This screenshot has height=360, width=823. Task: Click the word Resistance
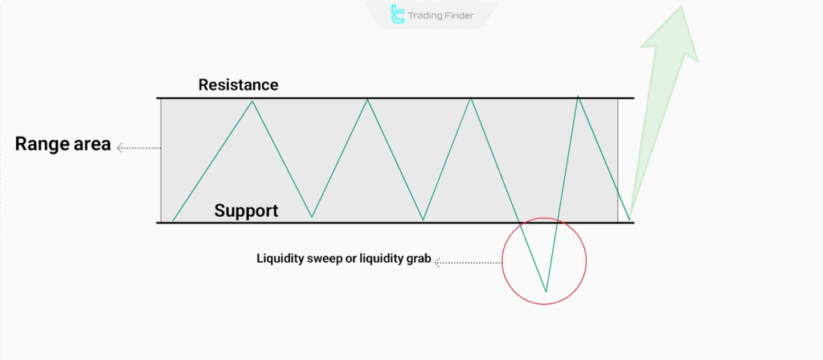[x=238, y=85]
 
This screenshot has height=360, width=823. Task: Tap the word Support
[x=246, y=211]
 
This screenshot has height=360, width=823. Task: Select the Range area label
[x=63, y=144]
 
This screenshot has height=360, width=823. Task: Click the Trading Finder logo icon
[x=397, y=14]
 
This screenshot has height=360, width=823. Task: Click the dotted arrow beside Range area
[x=138, y=148]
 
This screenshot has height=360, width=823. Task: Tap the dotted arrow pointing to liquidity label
[x=468, y=261]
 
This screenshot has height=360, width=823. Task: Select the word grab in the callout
[x=418, y=260]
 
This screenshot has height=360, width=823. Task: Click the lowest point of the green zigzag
[x=546, y=292]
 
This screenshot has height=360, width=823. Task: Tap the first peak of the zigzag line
[x=252, y=100]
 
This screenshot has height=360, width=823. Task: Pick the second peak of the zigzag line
[x=367, y=99]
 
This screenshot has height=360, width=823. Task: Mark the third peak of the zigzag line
[x=471, y=98]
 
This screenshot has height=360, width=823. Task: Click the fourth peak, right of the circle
[x=578, y=96]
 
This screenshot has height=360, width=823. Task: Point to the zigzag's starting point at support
[x=173, y=221]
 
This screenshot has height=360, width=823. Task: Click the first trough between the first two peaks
[x=313, y=217]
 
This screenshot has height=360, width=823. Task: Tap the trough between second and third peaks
[x=423, y=219]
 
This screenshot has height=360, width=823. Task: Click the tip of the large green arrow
[x=682, y=6]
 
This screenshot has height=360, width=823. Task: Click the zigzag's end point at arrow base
[x=629, y=219]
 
